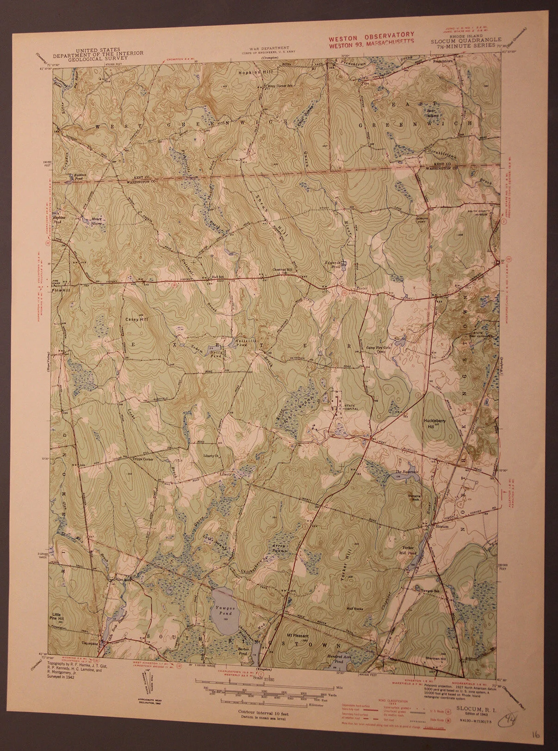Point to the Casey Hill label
pos(135,319)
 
